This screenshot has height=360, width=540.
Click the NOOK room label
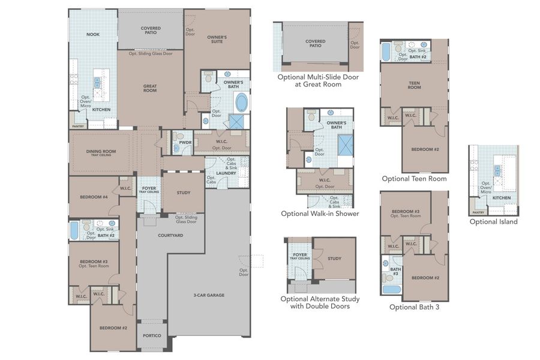pos(92,34)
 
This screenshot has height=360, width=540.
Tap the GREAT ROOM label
pos(149,88)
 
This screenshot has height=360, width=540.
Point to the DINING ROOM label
pos(101,152)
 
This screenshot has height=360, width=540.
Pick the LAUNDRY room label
pos(227,173)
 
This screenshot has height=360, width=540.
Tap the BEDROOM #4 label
pos(93,197)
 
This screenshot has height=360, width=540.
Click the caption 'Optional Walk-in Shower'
pos(320,214)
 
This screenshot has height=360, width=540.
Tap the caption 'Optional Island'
pos(493,221)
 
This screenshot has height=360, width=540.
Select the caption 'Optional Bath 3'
pos(414,307)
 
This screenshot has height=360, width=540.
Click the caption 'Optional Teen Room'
pos(414,179)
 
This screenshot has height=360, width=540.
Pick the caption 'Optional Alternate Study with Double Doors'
pos(320,302)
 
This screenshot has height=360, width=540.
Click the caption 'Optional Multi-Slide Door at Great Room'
pos(318,81)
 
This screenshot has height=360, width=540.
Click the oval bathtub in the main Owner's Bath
pos(242,103)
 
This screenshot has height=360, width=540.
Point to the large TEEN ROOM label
pos(415,85)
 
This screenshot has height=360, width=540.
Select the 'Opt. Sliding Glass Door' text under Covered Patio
pos(150,53)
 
